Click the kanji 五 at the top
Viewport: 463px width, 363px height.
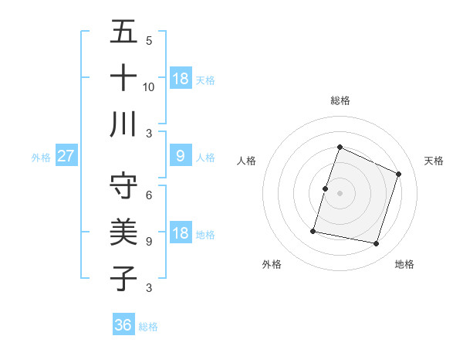pyautogui.click(x=123, y=32)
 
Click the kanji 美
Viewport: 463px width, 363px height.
pyautogui.click(x=123, y=232)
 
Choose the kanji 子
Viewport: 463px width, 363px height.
pyautogui.click(x=123, y=278)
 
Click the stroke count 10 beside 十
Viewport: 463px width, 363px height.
pyautogui.click(x=149, y=87)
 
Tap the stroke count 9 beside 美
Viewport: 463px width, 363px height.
pyautogui.click(x=149, y=242)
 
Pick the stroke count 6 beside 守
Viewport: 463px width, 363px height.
pyautogui.click(x=149, y=195)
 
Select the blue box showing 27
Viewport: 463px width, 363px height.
pyautogui.click(x=66, y=156)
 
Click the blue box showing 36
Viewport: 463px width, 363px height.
pyautogui.click(x=123, y=325)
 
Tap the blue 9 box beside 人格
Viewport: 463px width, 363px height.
pyautogui.click(x=180, y=156)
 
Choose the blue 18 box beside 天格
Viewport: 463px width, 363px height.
pyautogui.click(x=180, y=79)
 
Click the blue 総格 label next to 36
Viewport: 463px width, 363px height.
pyautogui.click(x=148, y=327)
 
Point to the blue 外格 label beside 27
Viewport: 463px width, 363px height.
pyautogui.click(x=41, y=158)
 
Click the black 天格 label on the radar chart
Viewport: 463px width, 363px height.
pyautogui.click(x=434, y=161)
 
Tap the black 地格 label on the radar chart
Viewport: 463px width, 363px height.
pyautogui.click(x=404, y=264)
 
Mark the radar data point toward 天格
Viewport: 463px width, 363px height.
pyautogui.click(x=399, y=174)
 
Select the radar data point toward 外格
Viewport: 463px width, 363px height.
pyautogui.click(x=313, y=230)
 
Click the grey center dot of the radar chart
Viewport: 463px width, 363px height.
pyautogui.click(x=340, y=193)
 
